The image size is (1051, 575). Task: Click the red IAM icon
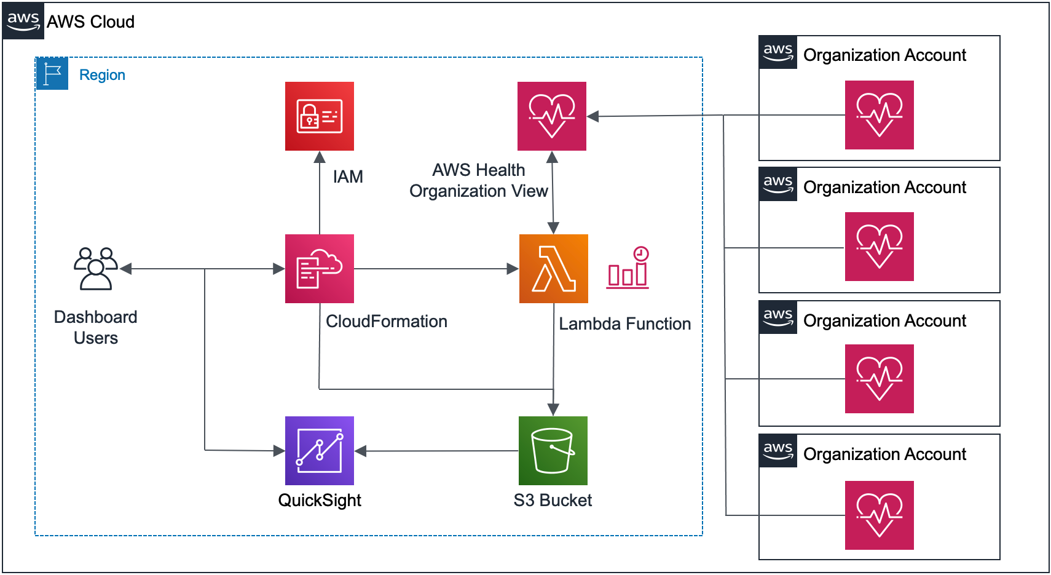(x=319, y=116)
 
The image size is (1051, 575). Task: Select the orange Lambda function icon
(x=553, y=269)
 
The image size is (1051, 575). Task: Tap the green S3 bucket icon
(x=553, y=451)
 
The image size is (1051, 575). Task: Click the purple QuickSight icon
(x=319, y=451)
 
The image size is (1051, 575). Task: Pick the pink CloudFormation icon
(x=319, y=269)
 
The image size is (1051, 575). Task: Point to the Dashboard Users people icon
(x=96, y=268)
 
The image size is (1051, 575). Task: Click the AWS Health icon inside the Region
(x=551, y=116)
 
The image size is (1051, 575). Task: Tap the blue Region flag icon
(x=52, y=74)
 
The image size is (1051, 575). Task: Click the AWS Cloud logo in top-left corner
(x=23, y=21)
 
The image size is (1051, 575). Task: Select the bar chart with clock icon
(x=628, y=268)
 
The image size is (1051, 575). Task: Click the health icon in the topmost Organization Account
(x=879, y=115)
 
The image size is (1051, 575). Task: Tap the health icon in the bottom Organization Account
(x=879, y=515)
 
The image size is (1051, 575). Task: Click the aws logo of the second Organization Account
(x=777, y=184)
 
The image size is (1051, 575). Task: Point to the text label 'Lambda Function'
(x=624, y=324)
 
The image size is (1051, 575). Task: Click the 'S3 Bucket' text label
(x=553, y=501)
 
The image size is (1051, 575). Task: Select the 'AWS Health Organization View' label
(x=478, y=181)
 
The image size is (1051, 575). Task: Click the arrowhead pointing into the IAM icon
(x=320, y=157)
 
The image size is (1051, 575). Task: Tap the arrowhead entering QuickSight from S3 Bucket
(x=361, y=451)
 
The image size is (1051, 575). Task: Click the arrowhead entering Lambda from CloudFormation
(x=512, y=269)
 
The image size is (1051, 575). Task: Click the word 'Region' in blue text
(x=102, y=75)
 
